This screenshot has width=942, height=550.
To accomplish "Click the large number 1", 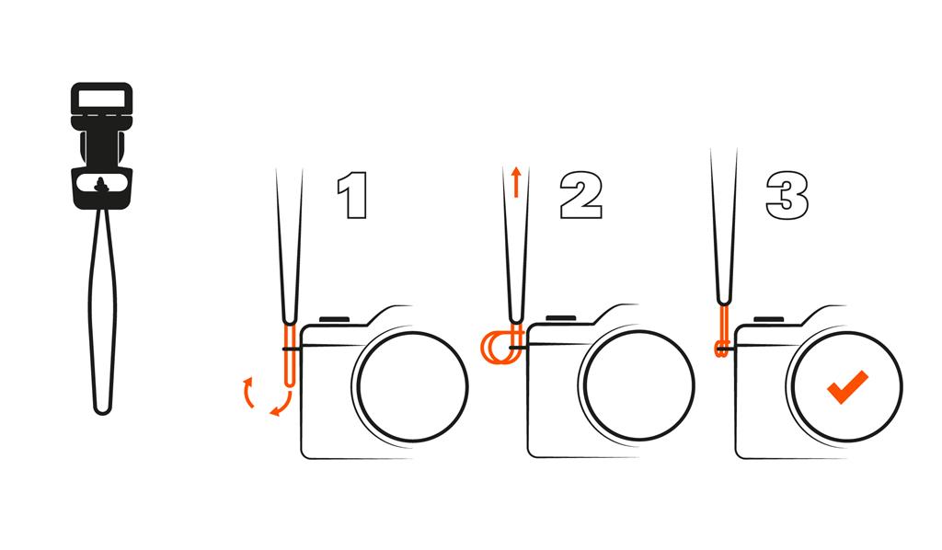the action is click(353, 195).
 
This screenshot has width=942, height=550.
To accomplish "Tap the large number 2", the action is click(581, 195).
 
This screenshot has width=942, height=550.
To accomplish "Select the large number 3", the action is click(787, 196).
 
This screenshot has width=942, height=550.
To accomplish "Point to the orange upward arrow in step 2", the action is click(516, 182).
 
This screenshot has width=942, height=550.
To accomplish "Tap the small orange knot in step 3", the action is click(721, 349).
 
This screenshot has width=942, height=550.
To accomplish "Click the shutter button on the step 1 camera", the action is click(335, 319).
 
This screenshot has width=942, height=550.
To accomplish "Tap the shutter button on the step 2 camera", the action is click(561, 319).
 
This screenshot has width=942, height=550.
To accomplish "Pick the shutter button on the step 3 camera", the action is click(768, 319).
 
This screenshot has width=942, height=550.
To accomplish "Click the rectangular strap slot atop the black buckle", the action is click(101, 98).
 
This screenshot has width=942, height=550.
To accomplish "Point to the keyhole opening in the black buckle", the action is click(101, 185).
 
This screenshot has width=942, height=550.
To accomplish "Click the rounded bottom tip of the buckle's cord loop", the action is click(102, 411).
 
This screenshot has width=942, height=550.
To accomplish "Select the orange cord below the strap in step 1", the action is click(290, 355).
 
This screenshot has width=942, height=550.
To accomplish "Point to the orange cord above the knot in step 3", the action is click(724, 324).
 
